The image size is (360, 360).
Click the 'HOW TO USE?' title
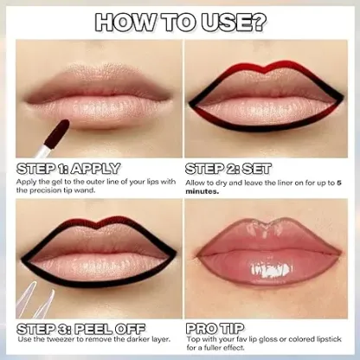point(179,22)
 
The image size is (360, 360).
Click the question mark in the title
point(259,22)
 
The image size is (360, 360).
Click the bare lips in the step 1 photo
point(95,91)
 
